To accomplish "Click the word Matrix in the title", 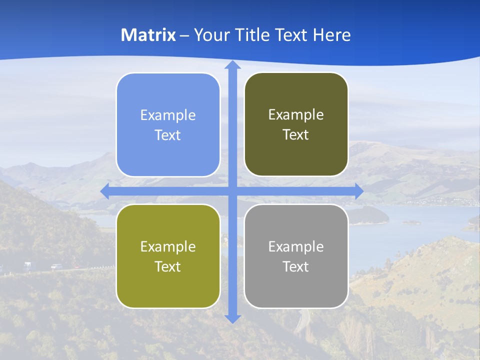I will tap(148, 35).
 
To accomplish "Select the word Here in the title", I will tap(331, 35).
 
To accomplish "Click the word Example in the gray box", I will tap(296, 246).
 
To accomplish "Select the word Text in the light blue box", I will tap(168, 135).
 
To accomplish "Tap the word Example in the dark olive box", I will tap(296, 114).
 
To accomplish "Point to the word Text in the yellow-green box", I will tap(168, 266).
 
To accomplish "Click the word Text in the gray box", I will tap(296, 266).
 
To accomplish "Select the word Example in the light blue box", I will tap(168, 115).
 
